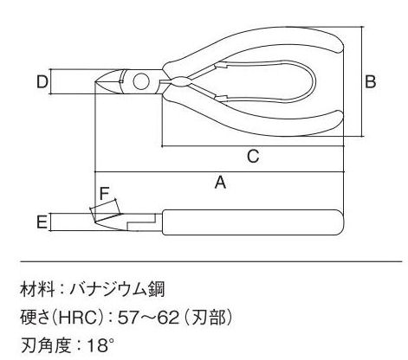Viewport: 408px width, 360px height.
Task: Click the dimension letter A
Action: (220, 183)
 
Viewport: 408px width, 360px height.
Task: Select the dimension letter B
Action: (371, 81)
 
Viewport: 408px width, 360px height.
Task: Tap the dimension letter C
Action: (253, 156)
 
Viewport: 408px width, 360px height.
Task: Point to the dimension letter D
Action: (42, 81)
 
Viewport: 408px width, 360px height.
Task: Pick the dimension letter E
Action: (42, 222)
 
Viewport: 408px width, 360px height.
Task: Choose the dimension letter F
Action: (104, 193)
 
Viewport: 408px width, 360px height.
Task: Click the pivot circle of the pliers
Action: (141, 81)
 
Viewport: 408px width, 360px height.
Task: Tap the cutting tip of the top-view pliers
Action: (95, 82)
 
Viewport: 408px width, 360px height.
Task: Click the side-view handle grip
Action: (253, 222)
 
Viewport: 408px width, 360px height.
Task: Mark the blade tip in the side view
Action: (95, 222)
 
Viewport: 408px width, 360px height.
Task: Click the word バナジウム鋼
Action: (117, 289)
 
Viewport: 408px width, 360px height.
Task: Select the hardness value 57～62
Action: (148, 318)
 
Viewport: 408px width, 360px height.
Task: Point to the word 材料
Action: (37, 289)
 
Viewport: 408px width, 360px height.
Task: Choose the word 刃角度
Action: (46, 345)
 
